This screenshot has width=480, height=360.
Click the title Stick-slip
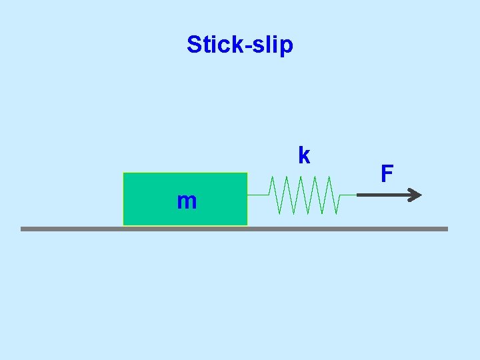239,45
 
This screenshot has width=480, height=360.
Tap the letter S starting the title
194,44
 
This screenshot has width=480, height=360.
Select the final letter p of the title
287,47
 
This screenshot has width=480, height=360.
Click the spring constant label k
304,155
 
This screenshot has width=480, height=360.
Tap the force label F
387,174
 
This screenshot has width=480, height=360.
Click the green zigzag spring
304,195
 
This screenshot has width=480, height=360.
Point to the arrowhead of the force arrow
415,195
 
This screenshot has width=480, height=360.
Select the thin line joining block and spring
257,195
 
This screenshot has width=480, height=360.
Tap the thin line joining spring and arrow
347,195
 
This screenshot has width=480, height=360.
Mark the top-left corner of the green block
124,173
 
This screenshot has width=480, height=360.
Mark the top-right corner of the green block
247,173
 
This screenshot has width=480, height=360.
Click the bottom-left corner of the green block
124,225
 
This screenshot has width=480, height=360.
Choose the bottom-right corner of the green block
247,225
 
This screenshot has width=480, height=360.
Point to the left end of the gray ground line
22,229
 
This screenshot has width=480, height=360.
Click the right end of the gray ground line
447,229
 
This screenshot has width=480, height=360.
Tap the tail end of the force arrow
359,195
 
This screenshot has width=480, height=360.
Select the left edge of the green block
124,199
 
